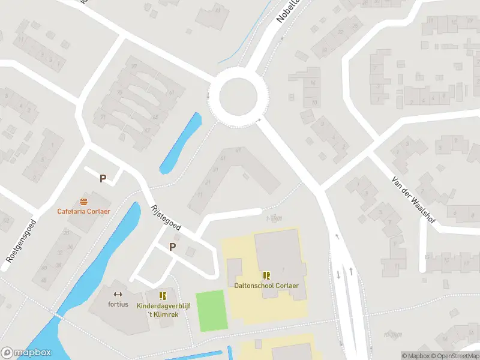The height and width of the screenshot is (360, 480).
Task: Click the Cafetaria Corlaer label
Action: [84, 211]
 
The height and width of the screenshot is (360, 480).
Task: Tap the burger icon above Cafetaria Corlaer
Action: [83, 202]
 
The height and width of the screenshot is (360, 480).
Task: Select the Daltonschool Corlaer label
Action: [266, 286]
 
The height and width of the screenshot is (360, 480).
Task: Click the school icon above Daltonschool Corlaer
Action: [266, 275]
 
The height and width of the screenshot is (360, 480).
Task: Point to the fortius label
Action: [118, 304]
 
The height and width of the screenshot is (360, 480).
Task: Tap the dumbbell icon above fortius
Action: [118, 294]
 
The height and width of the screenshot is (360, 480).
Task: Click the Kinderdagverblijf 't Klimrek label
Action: [163, 310]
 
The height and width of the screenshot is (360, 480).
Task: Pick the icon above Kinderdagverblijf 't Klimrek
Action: [163, 296]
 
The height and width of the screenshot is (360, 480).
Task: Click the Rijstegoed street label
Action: [166, 217]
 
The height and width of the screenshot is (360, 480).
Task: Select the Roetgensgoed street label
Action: [22, 240]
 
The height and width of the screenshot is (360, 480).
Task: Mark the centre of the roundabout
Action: [238, 96]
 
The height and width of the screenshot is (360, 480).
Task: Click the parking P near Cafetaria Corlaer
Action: [103, 178]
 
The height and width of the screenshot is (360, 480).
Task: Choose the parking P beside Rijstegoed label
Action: [173, 247]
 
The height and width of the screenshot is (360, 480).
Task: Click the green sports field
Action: [212, 310]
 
